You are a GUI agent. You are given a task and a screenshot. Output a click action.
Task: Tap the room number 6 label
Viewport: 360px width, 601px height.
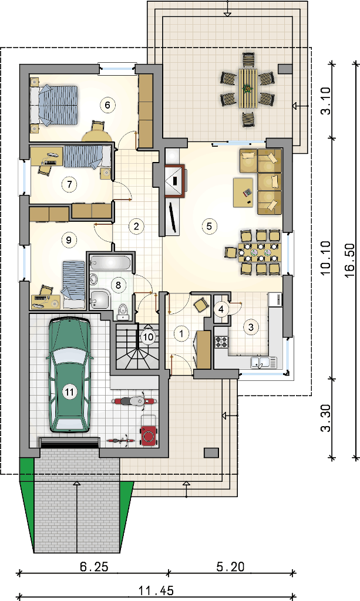[x=107, y=104]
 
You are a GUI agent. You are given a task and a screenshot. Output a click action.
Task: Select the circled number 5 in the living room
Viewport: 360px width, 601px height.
[x=209, y=226]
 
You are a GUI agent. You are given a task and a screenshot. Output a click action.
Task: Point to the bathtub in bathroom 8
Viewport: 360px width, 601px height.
[x=110, y=263]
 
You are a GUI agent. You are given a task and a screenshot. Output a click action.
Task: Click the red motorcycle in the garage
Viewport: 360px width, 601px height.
[x=134, y=401]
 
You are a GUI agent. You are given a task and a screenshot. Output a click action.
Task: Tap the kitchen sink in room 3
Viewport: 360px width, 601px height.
[x=263, y=362]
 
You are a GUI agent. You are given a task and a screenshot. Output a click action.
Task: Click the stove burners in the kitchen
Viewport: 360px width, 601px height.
[x=221, y=342]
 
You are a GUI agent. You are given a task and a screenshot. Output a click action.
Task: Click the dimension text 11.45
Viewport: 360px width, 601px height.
[x=156, y=590]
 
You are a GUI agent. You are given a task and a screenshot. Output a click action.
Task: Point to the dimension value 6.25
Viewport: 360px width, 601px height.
[x=93, y=566]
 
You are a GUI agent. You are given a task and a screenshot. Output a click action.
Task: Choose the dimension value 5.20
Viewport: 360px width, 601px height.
[x=230, y=566]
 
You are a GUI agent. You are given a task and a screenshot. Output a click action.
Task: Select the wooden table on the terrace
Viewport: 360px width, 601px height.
[x=248, y=88]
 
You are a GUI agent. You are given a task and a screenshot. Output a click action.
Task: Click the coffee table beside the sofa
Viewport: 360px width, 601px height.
[x=243, y=193]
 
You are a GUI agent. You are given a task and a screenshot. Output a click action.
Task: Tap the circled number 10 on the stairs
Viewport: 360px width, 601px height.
[x=147, y=337]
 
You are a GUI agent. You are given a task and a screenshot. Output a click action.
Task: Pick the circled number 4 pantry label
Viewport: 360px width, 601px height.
[x=221, y=309]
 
